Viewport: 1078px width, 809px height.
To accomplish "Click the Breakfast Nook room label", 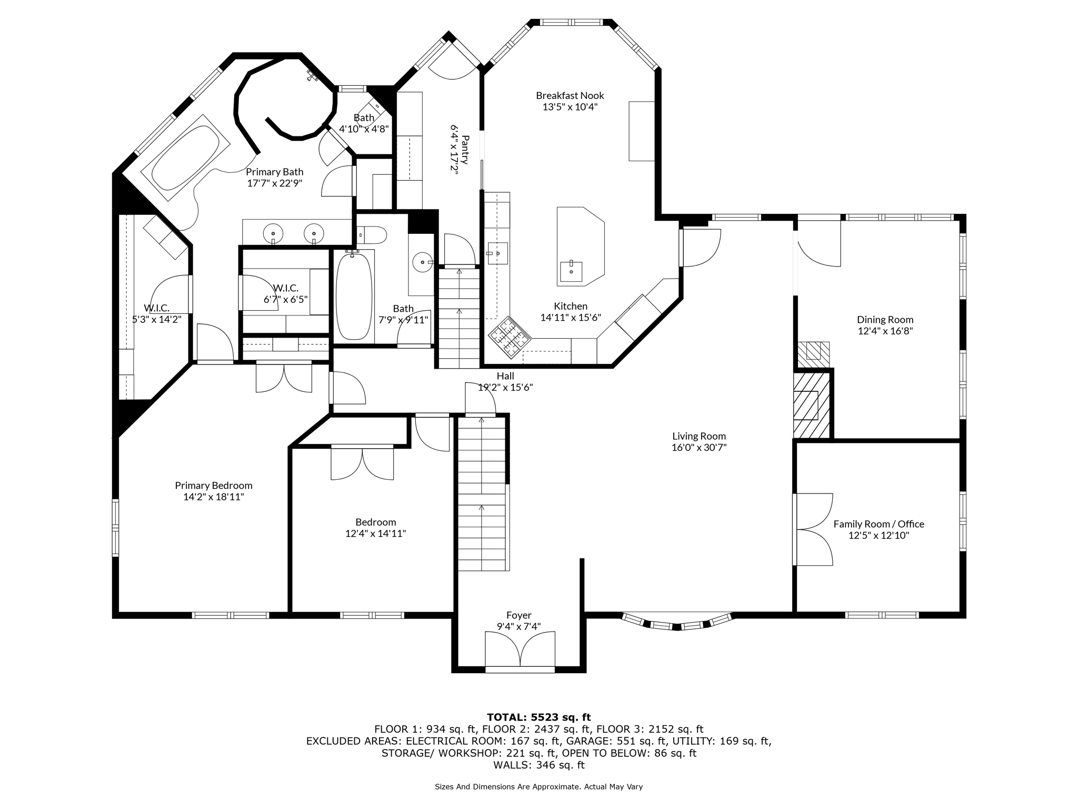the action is click(570, 95).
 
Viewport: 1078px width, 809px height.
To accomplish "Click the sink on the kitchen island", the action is click(571, 271).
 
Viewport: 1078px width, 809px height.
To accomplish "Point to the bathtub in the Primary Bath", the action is click(186, 157).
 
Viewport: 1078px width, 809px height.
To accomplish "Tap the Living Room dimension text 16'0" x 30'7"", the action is click(699, 448).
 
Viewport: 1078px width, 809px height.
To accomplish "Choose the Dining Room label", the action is click(885, 320).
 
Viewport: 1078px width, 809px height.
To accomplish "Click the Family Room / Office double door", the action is click(813, 529).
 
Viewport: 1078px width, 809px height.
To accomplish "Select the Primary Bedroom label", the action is click(214, 486).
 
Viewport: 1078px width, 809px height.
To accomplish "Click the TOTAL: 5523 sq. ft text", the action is click(539, 717).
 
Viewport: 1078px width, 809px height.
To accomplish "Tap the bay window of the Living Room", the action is click(677, 622).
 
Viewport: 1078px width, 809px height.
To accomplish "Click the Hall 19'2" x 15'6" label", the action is click(505, 382).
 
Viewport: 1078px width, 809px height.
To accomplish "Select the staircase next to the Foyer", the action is click(483, 493).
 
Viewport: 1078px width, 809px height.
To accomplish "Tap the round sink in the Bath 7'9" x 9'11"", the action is click(422, 261).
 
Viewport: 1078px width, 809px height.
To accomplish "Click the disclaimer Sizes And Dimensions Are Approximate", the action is click(539, 787).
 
